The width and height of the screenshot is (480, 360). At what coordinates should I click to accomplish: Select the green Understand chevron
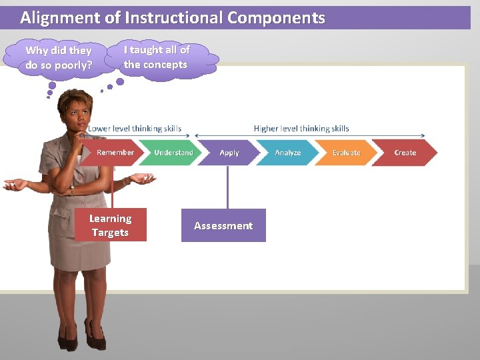(172, 153)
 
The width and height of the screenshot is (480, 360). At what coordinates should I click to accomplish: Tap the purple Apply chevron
(229, 153)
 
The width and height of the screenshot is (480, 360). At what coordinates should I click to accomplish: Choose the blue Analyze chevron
(287, 153)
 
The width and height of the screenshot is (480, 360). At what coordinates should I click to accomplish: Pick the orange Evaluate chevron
(345, 153)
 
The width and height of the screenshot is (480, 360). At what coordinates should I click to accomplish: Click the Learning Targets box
(111, 225)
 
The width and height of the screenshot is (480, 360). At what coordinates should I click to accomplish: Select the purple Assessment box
(223, 225)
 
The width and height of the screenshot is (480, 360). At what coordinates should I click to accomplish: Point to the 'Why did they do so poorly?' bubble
(59, 58)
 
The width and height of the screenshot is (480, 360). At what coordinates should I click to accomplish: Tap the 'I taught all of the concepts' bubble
(157, 57)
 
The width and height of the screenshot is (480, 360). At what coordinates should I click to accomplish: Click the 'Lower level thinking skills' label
(135, 129)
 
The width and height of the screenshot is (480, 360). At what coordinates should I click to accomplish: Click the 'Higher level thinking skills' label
(301, 129)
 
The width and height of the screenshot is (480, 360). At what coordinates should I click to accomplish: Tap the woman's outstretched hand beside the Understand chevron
(143, 178)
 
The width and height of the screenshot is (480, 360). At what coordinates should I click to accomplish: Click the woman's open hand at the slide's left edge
(15, 184)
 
